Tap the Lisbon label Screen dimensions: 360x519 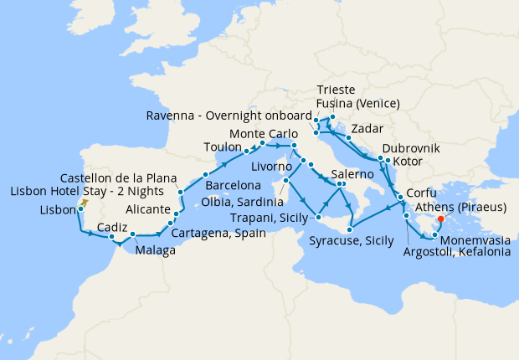(58, 210)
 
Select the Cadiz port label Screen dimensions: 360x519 (113, 227)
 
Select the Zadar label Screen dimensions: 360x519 (368, 129)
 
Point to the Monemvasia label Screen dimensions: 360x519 (473, 238)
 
